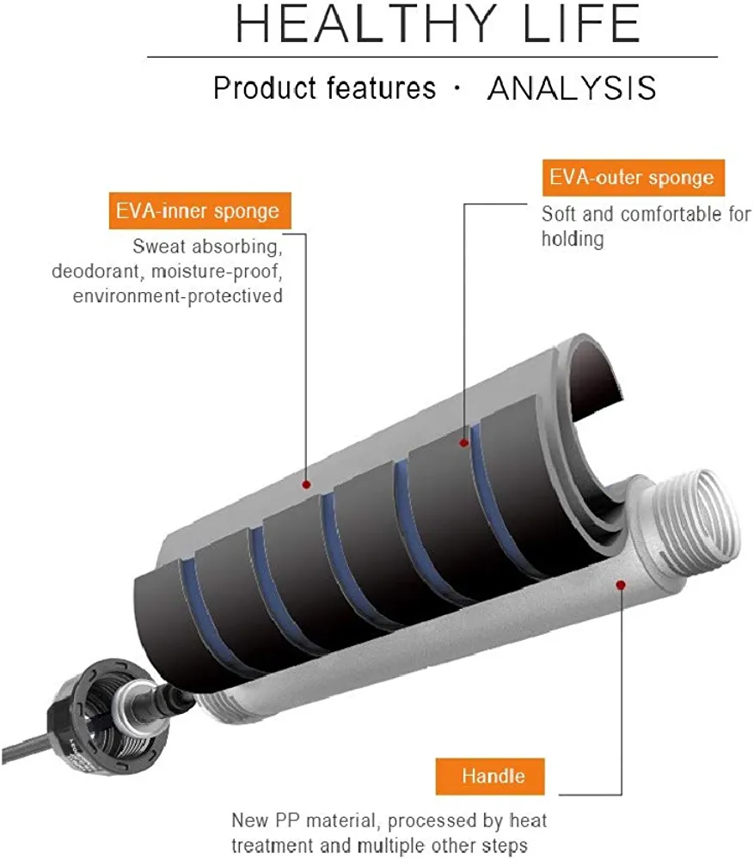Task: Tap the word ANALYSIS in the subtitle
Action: (572, 88)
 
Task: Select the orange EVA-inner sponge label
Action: (198, 210)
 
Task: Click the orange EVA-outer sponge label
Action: (633, 178)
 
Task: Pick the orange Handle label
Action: (492, 777)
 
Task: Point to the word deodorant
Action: (95, 272)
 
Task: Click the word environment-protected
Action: (178, 296)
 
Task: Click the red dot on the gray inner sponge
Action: (306, 484)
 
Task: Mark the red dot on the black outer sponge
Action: (464, 443)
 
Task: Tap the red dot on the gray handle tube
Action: (621, 584)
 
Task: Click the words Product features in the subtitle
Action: (324, 88)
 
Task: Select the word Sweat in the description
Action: (157, 248)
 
